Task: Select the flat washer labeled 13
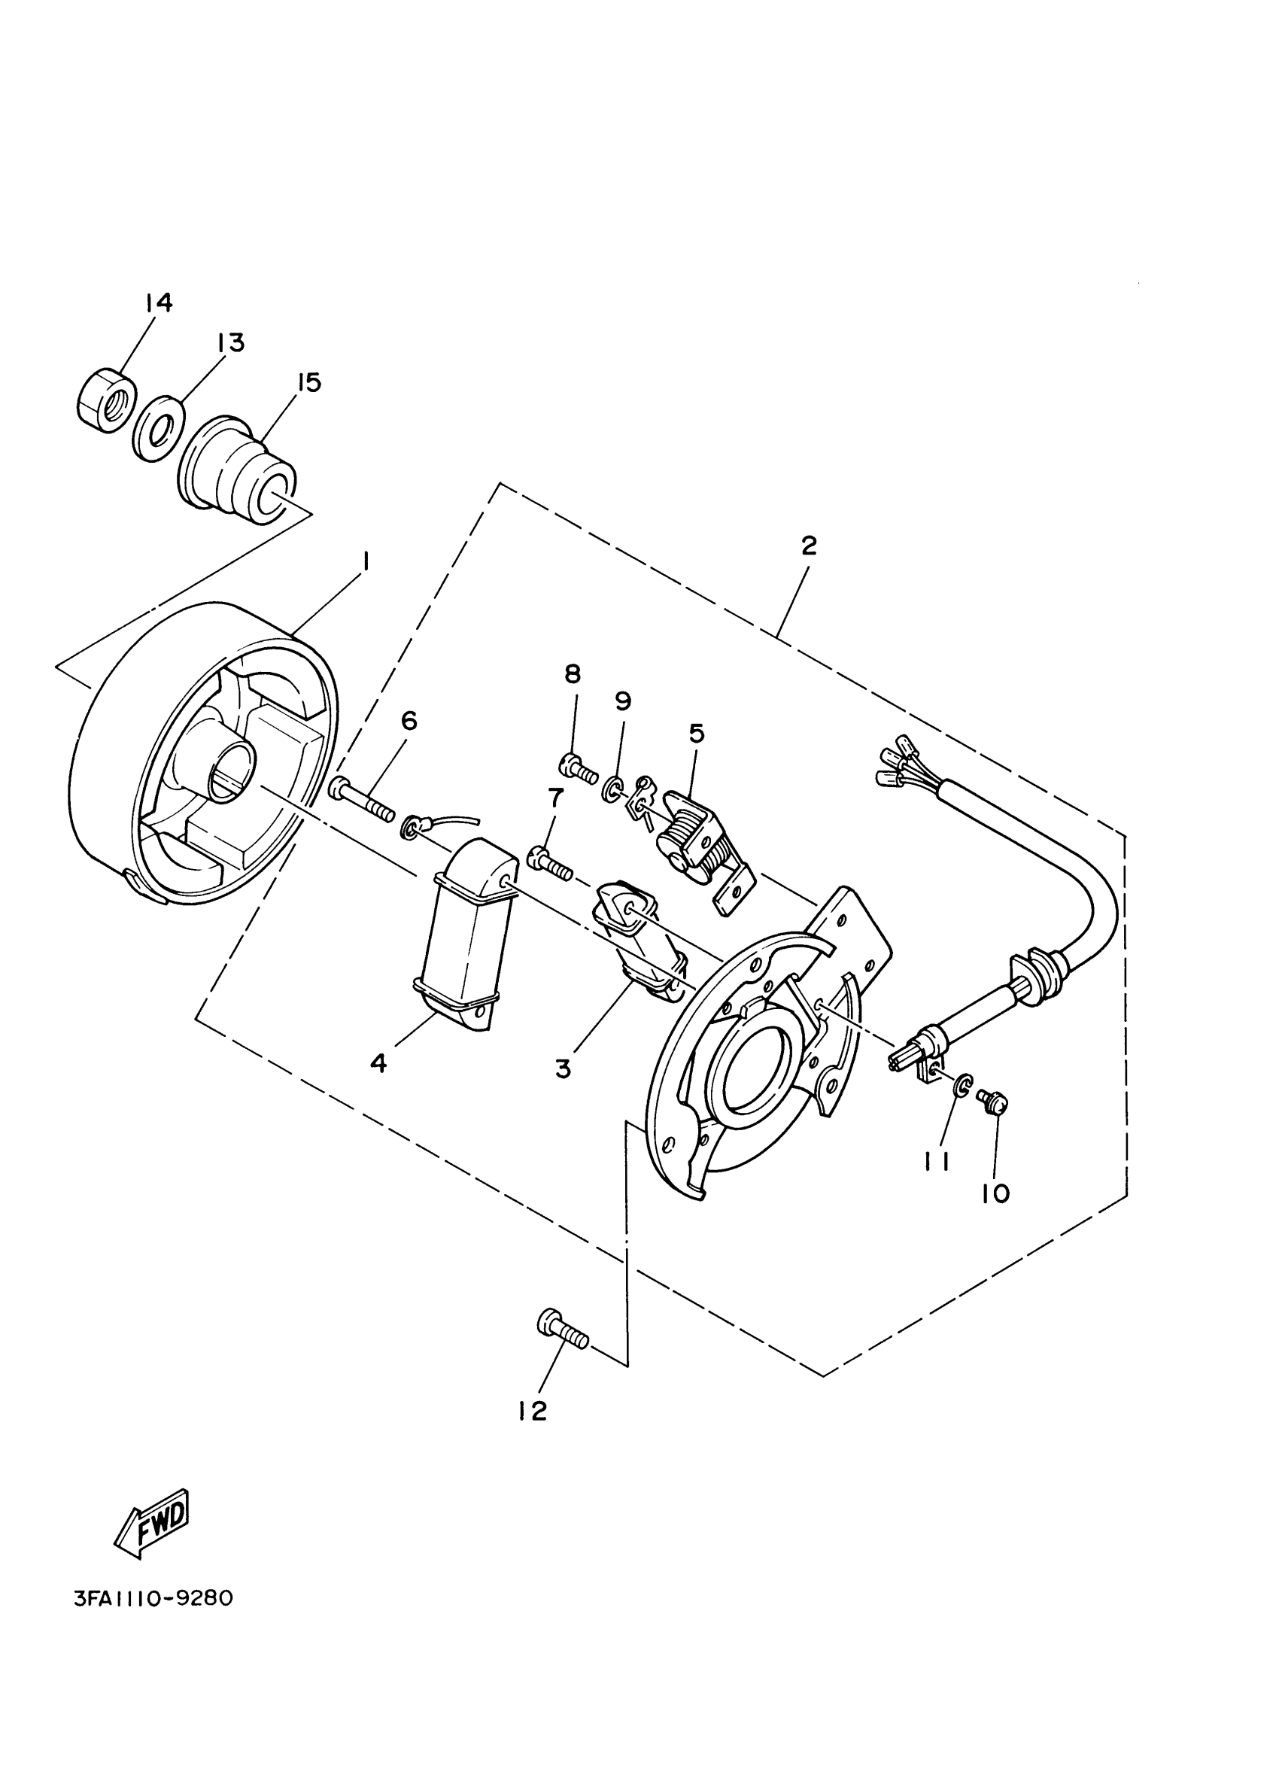[x=158, y=429]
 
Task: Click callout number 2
[x=809, y=546]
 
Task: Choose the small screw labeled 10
[x=996, y=1101]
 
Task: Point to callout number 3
[x=563, y=1068]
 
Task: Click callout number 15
[x=309, y=382]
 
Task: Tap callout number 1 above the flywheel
[x=366, y=561]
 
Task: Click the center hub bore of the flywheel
[x=229, y=771]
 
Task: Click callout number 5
[x=696, y=733]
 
